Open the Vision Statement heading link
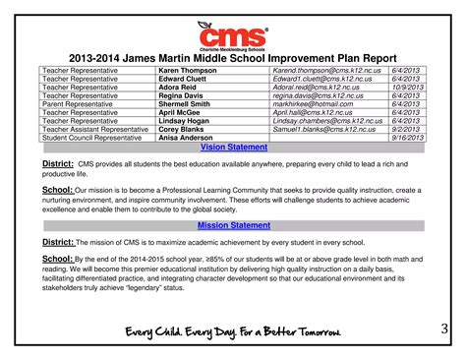pyautogui.click(x=232, y=146)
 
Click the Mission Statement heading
pyautogui.click(x=232, y=225)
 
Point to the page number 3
pyautogui.click(x=442, y=330)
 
